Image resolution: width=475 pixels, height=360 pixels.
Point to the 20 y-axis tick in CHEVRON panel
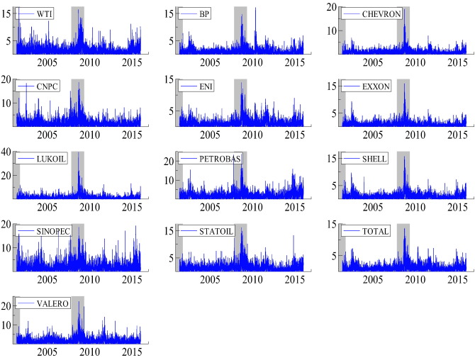tap(330, 7)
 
